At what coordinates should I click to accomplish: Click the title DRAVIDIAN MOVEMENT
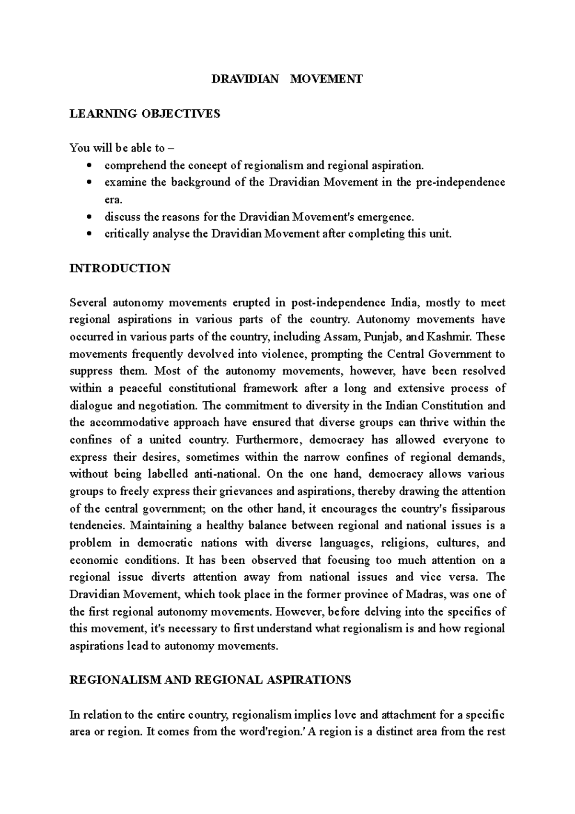click(x=287, y=79)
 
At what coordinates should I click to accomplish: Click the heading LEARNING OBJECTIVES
click(x=145, y=114)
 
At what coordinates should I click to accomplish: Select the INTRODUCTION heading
click(x=120, y=268)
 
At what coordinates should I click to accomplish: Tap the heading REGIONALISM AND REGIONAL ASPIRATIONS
click(x=210, y=680)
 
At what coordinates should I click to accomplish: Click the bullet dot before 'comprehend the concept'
click(x=90, y=166)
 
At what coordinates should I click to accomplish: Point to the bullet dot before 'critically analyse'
click(x=90, y=234)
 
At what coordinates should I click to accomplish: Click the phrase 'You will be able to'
click(x=117, y=148)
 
